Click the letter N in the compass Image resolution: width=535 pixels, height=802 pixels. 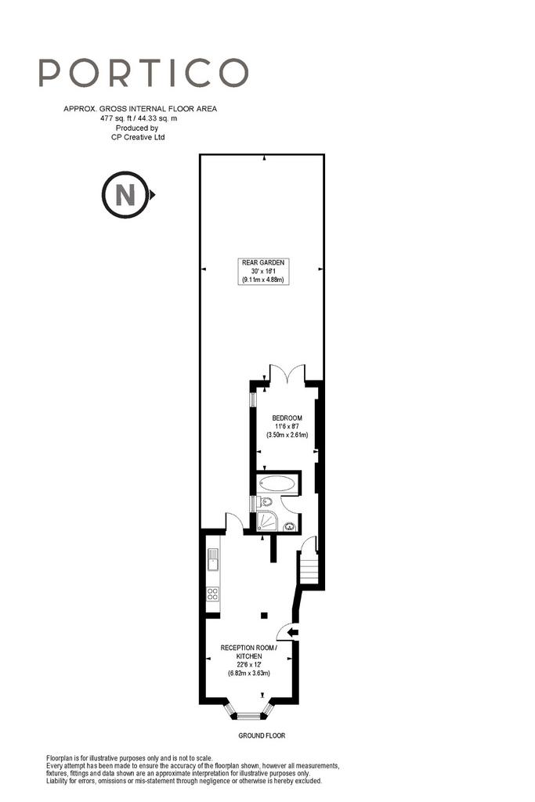(x=125, y=195)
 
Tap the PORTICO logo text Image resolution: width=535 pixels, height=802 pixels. (x=143, y=73)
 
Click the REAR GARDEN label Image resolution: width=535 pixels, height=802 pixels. (x=263, y=262)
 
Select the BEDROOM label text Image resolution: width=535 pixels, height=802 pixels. (x=287, y=418)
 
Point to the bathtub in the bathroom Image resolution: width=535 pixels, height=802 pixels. (x=277, y=482)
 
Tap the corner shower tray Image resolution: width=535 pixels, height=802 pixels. (x=267, y=521)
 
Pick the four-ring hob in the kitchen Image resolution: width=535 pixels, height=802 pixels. (x=213, y=594)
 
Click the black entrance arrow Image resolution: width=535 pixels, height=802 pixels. (x=293, y=633)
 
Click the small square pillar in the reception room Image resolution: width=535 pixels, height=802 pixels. (x=263, y=614)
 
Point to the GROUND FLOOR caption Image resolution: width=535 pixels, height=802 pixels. (x=262, y=735)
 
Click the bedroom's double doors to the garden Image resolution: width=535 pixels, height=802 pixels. (x=287, y=374)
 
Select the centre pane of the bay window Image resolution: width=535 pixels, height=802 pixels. (x=249, y=716)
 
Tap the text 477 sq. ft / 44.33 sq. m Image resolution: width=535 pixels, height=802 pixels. (x=139, y=118)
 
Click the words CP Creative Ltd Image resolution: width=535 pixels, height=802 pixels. (x=138, y=137)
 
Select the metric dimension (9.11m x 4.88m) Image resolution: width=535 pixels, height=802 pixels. (x=263, y=280)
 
